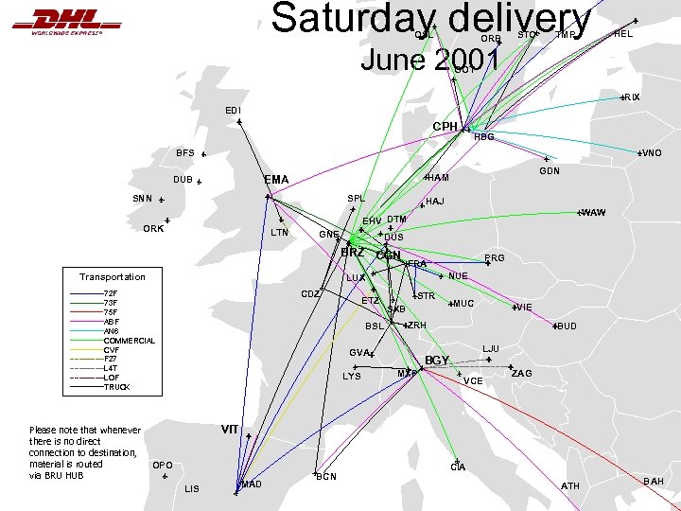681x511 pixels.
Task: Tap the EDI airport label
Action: pos(233,111)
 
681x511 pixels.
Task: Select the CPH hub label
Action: pos(445,126)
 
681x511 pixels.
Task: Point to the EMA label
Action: pos(277,179)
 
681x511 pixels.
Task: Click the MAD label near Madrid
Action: pos(252,485)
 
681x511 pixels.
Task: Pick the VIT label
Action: pos(230,429)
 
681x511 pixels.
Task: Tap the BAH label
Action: pos(654,482)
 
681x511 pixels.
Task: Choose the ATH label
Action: pos(570,485)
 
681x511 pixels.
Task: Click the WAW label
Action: pos(594,212)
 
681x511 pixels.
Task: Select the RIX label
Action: pos(632,97)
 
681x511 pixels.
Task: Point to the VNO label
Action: pos(651,153)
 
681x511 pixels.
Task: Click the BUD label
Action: pos(567,326)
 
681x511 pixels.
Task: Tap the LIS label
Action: pos(192,488)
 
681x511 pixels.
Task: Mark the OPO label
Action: pos(162,465)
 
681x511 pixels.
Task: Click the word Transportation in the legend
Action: pos(112,277)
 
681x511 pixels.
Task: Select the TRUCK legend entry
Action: pos(116,387)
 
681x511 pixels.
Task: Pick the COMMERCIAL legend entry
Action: pos(130,340)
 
